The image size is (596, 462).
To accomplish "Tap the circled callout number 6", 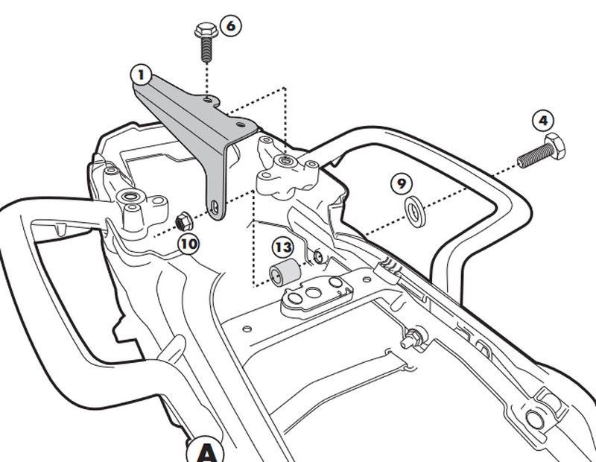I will pyautogui.click(x=230, y=25).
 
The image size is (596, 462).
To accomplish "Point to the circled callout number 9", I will pyautogui.click(x=401, y=183).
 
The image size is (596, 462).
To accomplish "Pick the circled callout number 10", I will pyautogui.click(x=188, y=243).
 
